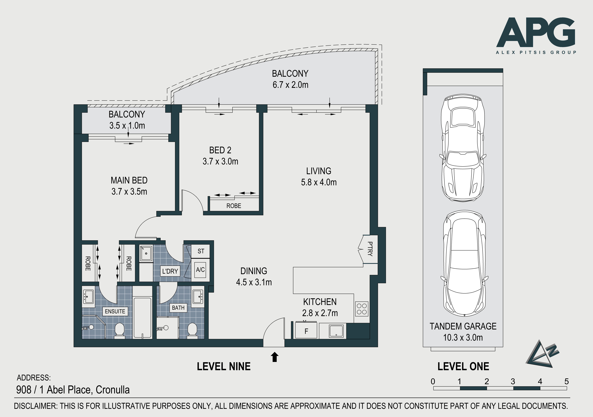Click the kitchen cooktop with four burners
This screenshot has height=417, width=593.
(362, 309)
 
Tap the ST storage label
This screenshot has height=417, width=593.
(201, 251)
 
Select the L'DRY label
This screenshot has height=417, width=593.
(170, 271)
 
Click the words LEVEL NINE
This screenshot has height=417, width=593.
(224, 366)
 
